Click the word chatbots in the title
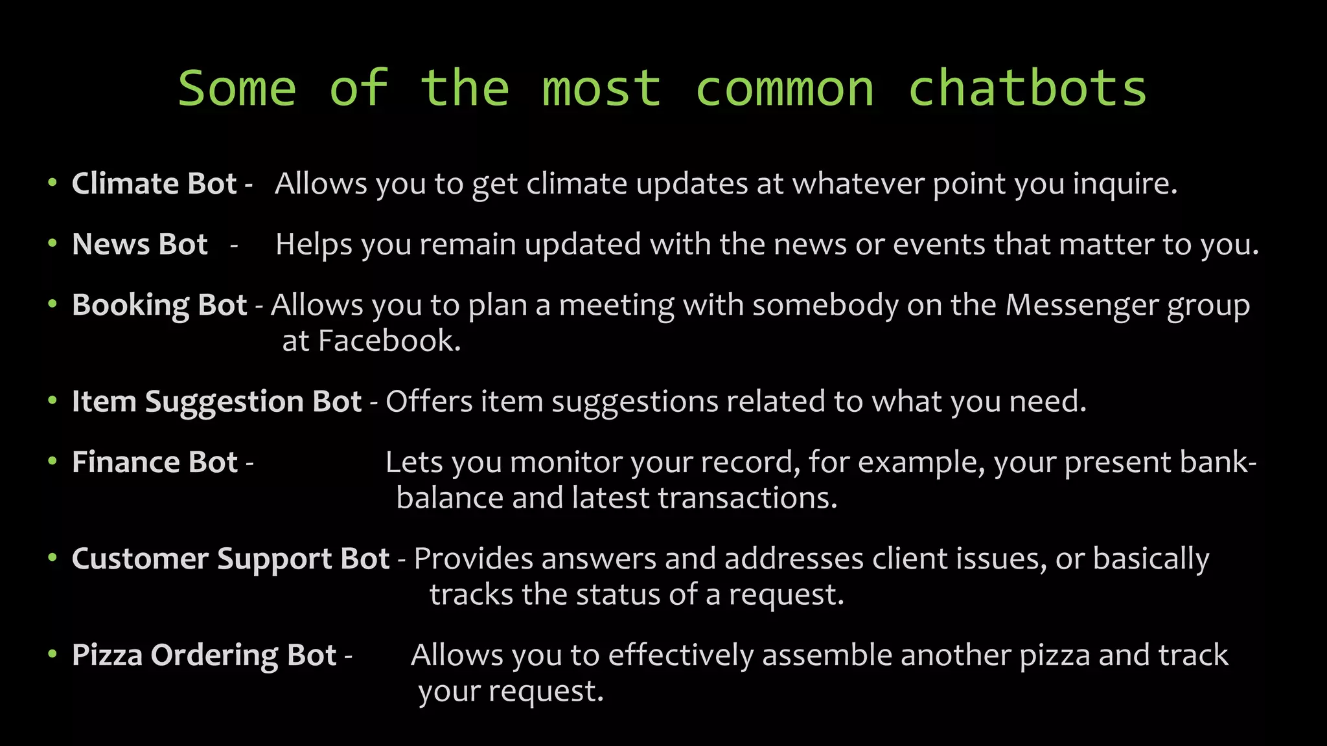click(x=1027, y=88)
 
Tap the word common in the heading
click(x=784, y=88)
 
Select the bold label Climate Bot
click(x=154, y=183)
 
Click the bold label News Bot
click(x=140, y=244)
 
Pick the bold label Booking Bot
click(x=159, y=304)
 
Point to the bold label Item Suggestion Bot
click(x=216, y=401)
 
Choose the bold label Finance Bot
click(x=155, y=462)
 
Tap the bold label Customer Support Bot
click(x=231, y=558)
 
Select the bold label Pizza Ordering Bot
click(x=204, y=655)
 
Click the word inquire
click(x=1124, y=183)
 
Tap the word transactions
click(x=747, y=498)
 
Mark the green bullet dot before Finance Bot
click(x=52, y=462)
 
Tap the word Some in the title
click(x=237, y=88)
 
